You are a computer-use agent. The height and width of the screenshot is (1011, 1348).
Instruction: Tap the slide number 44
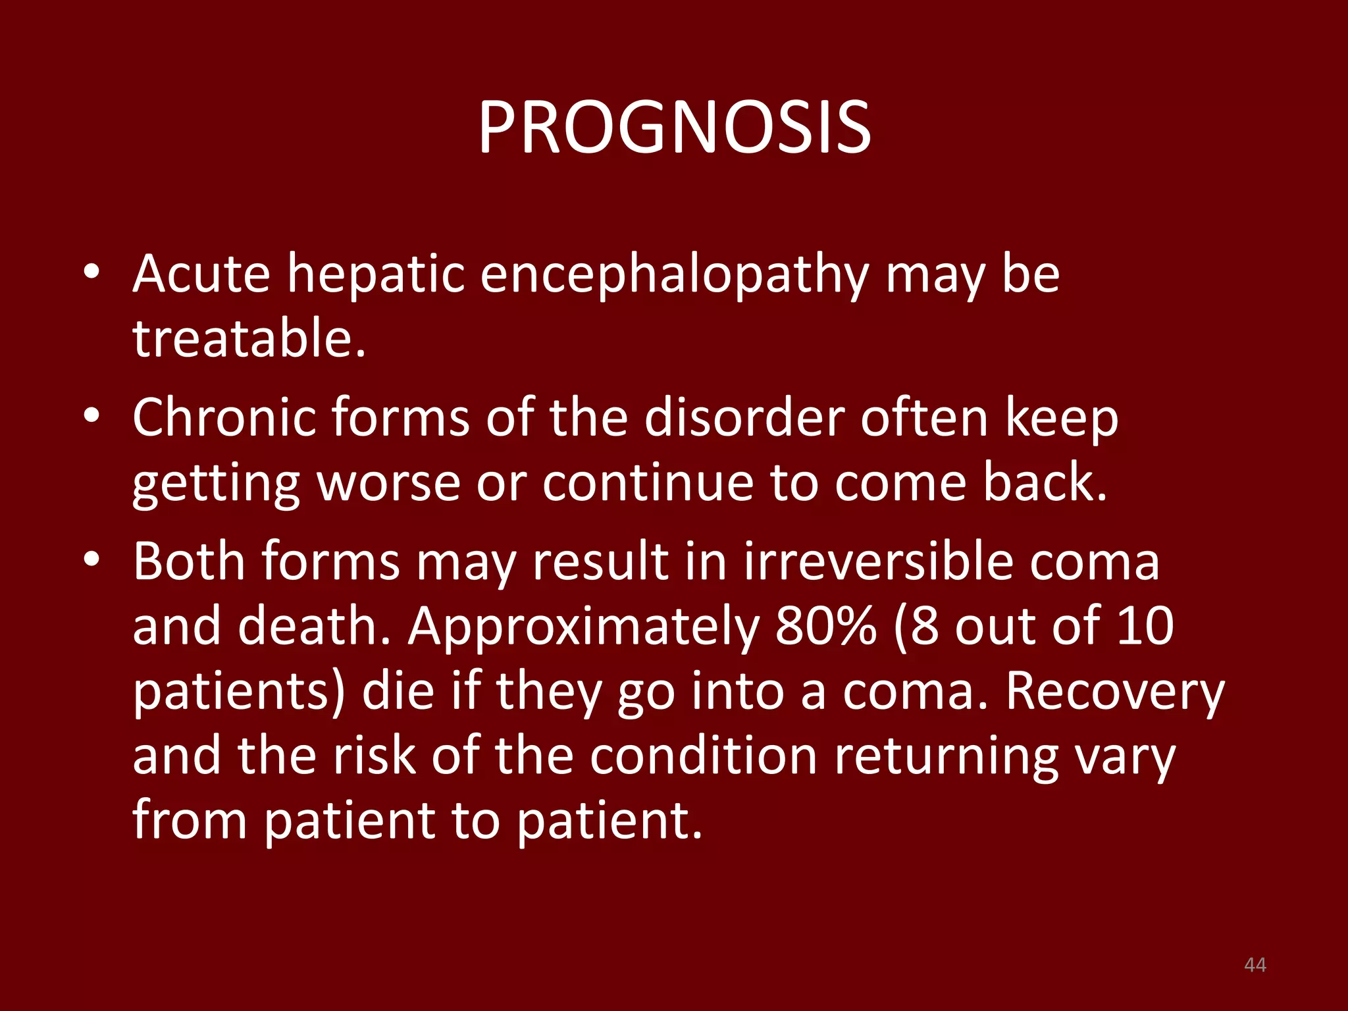[x=1255, y=965]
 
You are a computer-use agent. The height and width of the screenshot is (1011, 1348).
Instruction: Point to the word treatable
[x=249, y=338]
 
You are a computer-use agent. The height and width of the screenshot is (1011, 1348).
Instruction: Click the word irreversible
[x=878, y=561]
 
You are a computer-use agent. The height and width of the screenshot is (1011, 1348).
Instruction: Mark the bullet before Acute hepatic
[x=91, y=271]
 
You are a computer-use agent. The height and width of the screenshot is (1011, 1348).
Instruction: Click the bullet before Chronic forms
[x=91, y=416]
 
